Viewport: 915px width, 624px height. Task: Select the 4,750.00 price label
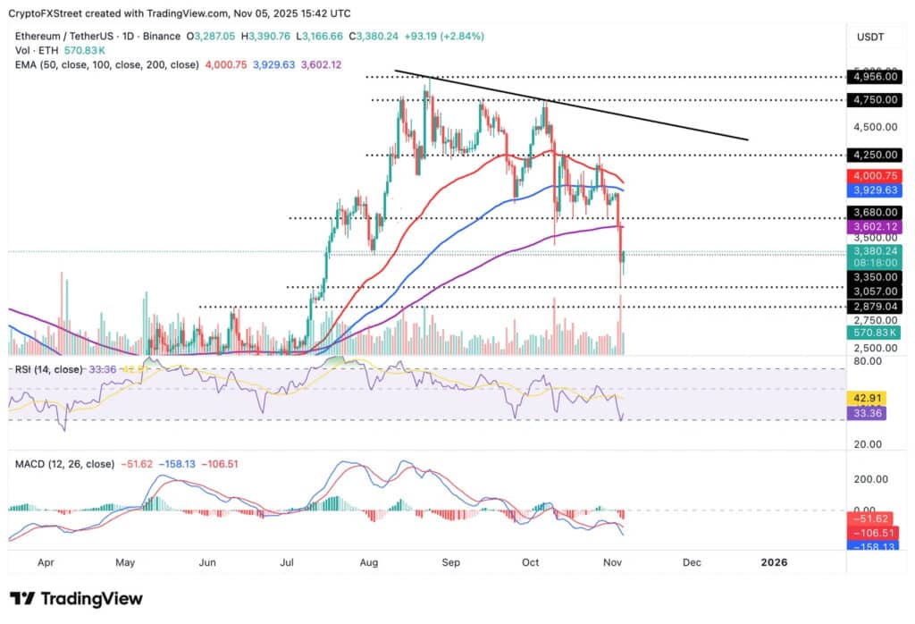pyautogui.click(x=874, y=100)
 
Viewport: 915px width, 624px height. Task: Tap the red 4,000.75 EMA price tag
pyautogui.click(x=874, y=176)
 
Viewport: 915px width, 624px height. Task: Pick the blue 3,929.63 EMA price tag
pyautogui.click(x=874, y=190)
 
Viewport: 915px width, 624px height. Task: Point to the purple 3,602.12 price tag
pyautogui.click(x=874, y=228)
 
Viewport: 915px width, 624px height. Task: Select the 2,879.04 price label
pyautogui.click(x=874, y=306)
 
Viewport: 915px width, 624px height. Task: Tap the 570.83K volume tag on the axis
pyautogui.click(x=874, y=332)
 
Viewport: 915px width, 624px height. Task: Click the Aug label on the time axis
pyautogui.click(x=371, y=563)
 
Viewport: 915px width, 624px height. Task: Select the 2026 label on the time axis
pyautogui.click(x=773, y=563)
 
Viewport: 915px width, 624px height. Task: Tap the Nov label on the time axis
pyautogui.click(x=613, y=563)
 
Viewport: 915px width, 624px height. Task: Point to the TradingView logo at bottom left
pyautogui.click(x=76, y=598)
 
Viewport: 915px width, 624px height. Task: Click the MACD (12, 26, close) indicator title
pyautogui.click(x=64, y=464)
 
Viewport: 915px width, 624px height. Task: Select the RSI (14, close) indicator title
pyautogui.click(x=54, y=368)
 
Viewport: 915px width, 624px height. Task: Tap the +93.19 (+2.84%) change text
pyautogui.click(x=435, y=37)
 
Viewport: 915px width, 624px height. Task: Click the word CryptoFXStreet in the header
pyautogui.click(x=54, y=13)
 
